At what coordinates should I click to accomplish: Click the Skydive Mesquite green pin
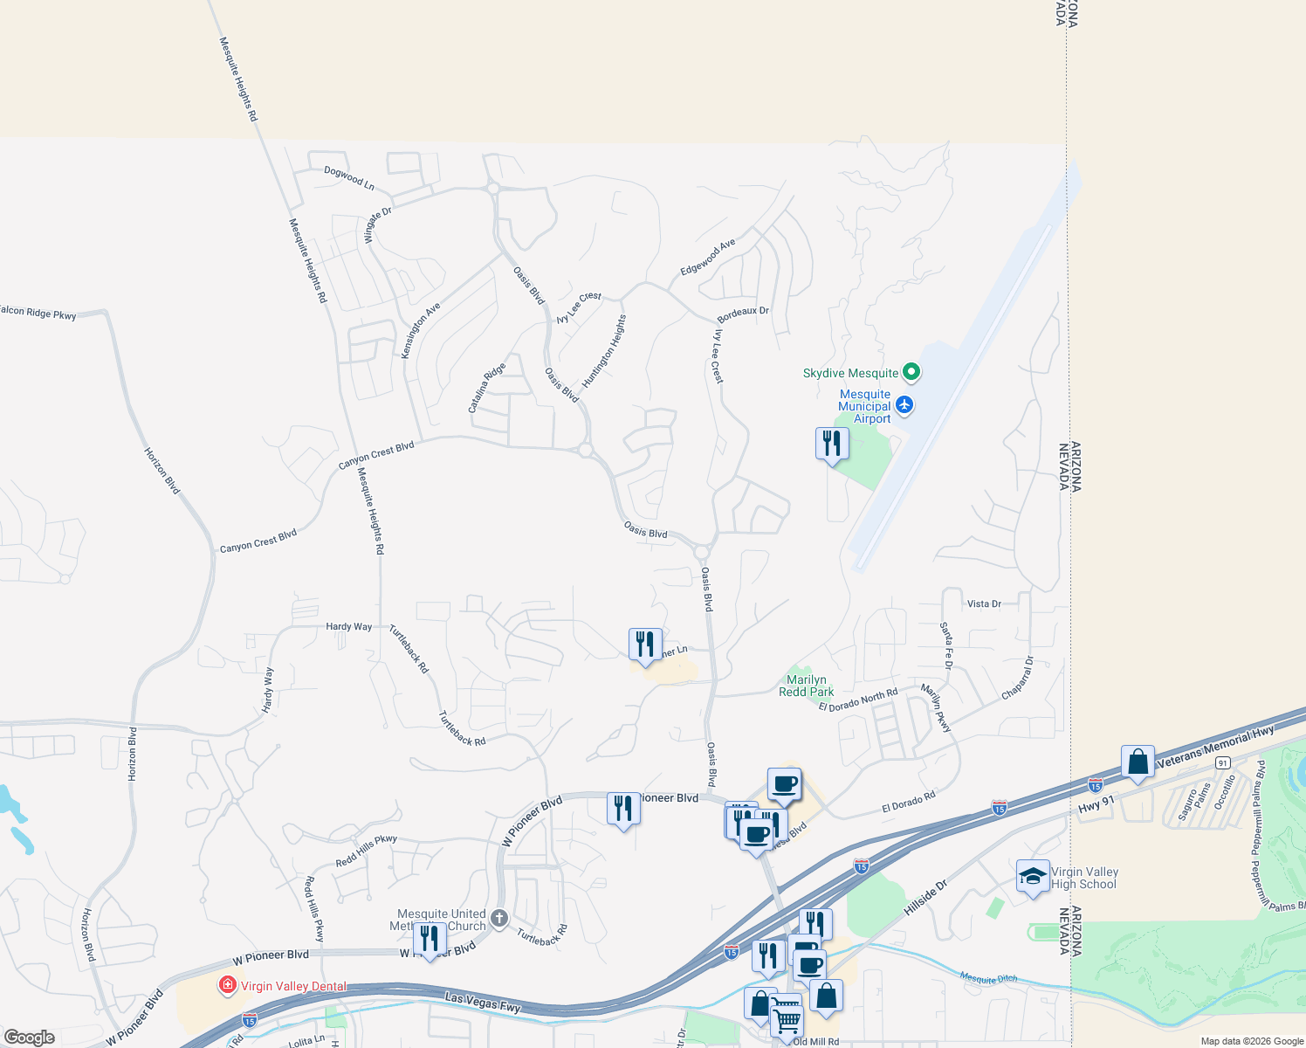tap(911, 373)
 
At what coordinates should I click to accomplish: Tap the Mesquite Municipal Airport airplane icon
tap(904, 404)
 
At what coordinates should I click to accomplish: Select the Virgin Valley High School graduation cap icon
tap(1033, 877)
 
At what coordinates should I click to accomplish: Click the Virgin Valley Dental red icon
tap(228, 986)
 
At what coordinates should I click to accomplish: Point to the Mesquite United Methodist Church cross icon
tap(499, 918)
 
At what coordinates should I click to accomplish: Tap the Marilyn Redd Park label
tap(806, 686)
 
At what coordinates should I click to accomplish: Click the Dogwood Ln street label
tap(349, 178)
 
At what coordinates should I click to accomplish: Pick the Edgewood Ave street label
tap(708, 257)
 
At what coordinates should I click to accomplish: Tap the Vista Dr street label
tap(984, 603)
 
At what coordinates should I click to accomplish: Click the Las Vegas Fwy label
tap(483, 1002)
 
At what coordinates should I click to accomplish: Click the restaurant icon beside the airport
tap(832, 445)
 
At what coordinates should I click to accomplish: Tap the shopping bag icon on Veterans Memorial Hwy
tap(1138, 762)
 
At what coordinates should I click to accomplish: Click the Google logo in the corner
tap(30, 1038)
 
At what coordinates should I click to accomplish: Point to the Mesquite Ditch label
tap(988, 978)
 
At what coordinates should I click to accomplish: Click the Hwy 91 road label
tap(1096, 804)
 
